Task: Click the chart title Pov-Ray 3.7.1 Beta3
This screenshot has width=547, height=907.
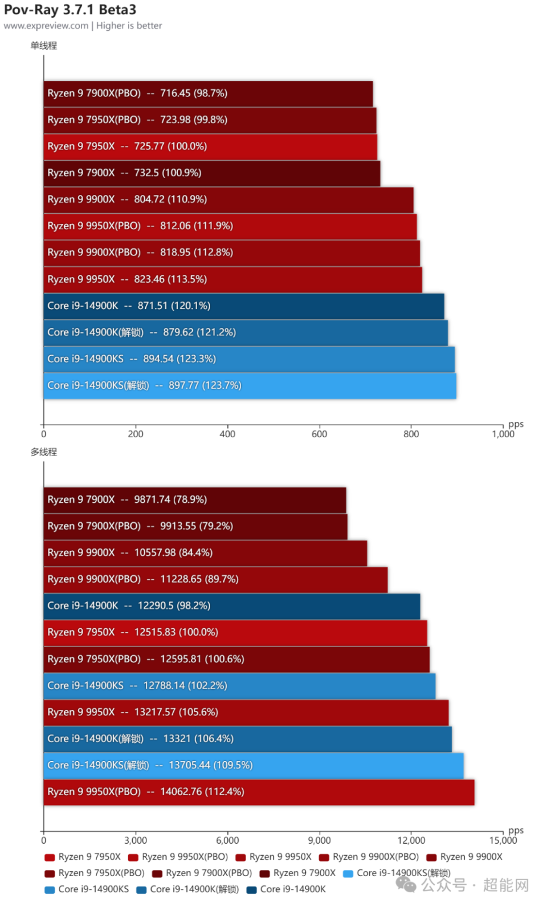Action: pyautogui.click(x=70, y=10)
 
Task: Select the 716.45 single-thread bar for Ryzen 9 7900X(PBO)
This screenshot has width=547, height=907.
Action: pyautogui.click(x=208, y=93)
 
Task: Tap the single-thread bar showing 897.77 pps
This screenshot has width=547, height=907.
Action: pyautogui.click(x=250, y=386)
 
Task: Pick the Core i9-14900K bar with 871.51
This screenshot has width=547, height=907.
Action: pyautogui.click(x=243, y=306)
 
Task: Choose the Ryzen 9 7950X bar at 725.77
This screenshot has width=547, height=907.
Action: pyautogui.click(x=210, y=147)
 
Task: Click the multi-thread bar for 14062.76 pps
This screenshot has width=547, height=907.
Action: pyautogui.click(x=259, y=792)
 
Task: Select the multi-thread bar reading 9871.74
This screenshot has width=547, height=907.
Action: pyautogui.click(x=194, y=500)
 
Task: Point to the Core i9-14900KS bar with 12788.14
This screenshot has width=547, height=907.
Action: pyautogui.click(x=239, y=686)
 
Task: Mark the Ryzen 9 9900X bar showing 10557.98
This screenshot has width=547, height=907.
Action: pyautogui.click(x=205, y=553)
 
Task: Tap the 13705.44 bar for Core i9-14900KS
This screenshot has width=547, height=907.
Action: pyautogui.click(x=254, y=766)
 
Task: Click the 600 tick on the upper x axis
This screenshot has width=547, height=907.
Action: pyautogui.click(x=319, y=434)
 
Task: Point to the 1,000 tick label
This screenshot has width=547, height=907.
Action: pyautogui.click(x=503, y=434)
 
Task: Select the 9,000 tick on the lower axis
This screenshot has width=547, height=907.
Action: pyautogui.click(x=319, y=840)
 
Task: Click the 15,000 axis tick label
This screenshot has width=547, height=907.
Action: pyautogui.click(x=503, y=840)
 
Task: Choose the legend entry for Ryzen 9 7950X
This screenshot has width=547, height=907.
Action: pyautogui.click(x=83, y=857)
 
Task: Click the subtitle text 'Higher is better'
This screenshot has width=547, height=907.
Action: pyautogui.click(x=129, y=26)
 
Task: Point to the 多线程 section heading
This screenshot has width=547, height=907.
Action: pyautogui.click(x=44, y=452)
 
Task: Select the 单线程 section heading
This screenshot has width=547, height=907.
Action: pyautogui.click(x=44, y=46)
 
